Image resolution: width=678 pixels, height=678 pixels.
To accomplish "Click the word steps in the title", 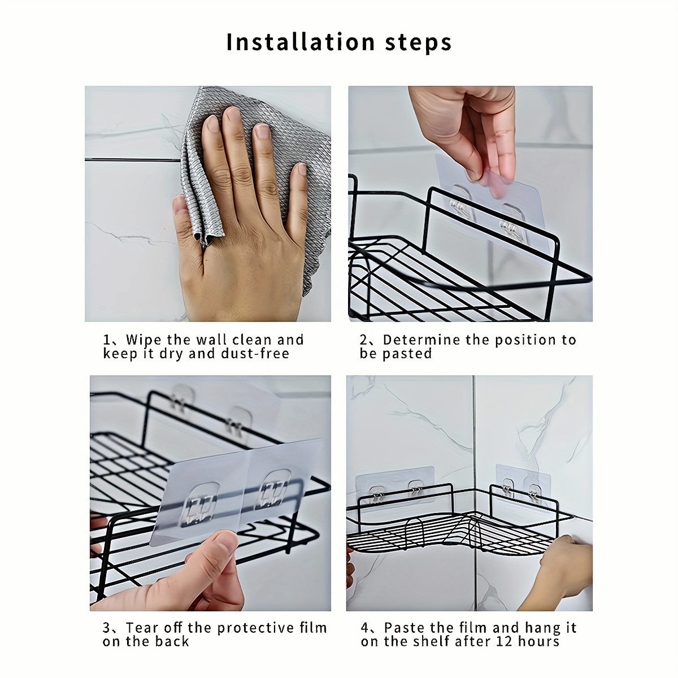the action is coord(418,44).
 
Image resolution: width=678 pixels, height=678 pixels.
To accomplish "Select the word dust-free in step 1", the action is coord(255,353).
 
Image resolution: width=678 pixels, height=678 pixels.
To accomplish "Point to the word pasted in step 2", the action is coord(407,354).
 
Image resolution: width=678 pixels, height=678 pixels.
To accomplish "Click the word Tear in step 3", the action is coord(142,628).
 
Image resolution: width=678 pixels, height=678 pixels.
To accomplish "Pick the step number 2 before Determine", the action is coord(364,340).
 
